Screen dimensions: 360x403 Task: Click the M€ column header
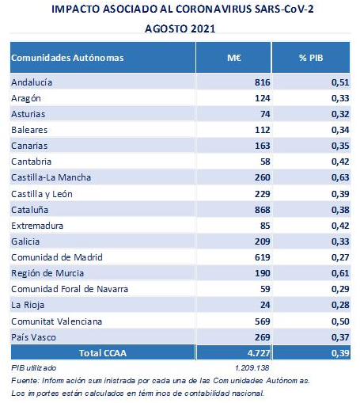tap(234, 58)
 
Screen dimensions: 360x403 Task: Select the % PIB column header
tap(311, 58)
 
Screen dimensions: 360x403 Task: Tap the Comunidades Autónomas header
tap(67, 58)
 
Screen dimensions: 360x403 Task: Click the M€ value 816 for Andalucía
tap(263, 82)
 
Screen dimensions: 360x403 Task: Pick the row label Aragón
tap(26, 98)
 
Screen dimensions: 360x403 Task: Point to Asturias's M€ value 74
tap(265, 114)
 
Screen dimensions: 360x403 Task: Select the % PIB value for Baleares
tap(340, 130)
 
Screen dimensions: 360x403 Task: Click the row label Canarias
tap(29, 146)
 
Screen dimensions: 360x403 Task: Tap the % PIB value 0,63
tap(340, 177)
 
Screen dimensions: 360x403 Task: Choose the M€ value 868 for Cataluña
tap(263, 210)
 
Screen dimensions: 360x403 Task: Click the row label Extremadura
tap(37, 226)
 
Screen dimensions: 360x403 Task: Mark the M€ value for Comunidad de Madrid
tap(263, 257)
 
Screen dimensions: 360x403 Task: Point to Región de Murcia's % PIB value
tap(340, 273)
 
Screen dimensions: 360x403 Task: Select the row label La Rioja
tap(28, 305)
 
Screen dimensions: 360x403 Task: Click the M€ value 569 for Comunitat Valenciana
tap(263, 321)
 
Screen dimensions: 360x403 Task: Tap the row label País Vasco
tap(33, 337)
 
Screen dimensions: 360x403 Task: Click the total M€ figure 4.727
tap(259, 353)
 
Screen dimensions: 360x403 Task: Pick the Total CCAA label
tap(103, 353)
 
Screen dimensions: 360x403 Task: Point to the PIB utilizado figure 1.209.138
tap(252, 368)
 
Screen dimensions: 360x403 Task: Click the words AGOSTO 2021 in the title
tap(180, 29)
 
